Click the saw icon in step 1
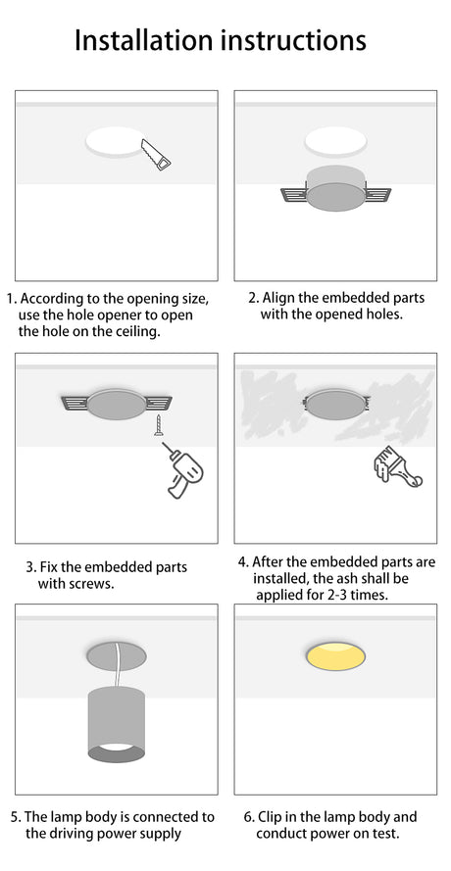click(156, 155)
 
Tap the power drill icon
click(184, 470)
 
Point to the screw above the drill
click(159, 425)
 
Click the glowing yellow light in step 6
click(335, 657)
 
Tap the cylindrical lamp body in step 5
click(117, 724)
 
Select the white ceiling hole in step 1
click(116, 142)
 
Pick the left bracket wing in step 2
click(294, 194)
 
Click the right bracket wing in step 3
click(159, 402)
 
